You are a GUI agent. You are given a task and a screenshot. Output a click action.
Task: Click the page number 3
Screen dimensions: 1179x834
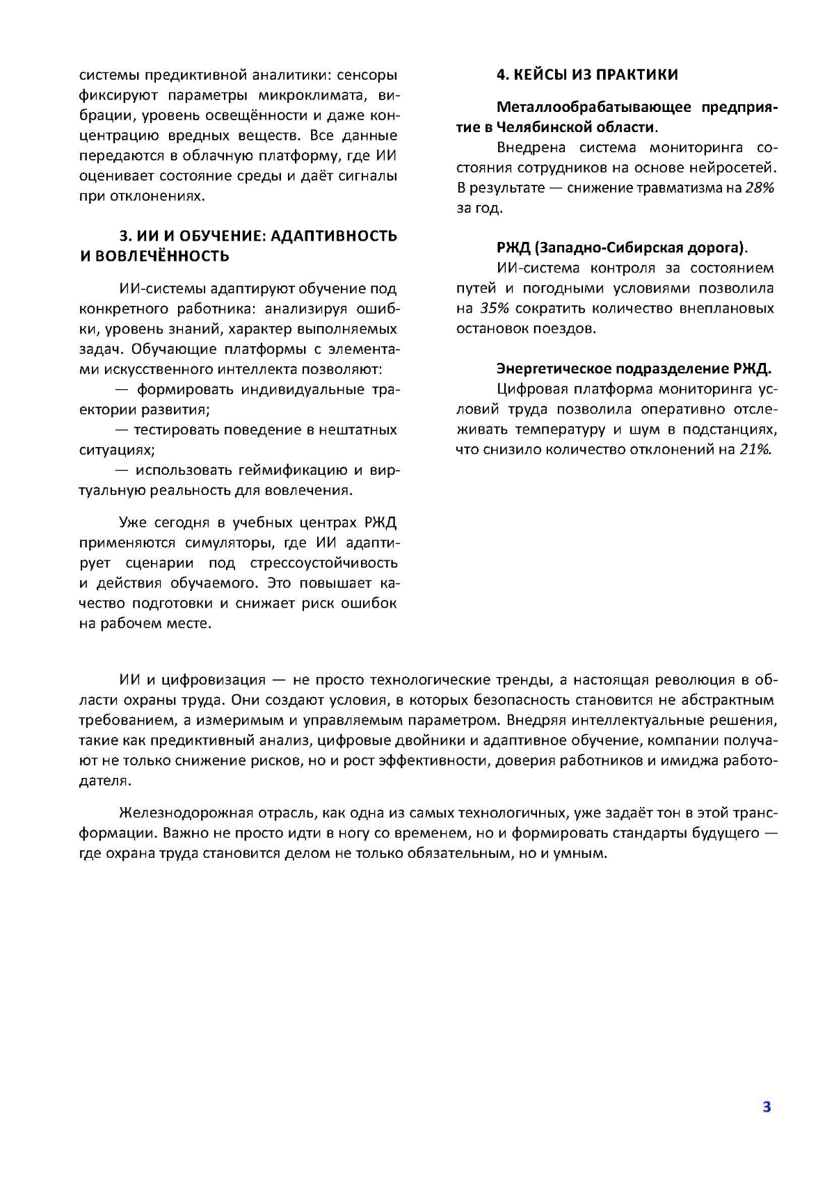(767, 1107)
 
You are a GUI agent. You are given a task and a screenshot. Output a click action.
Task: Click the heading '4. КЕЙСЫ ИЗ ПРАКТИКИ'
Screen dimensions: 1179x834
(587, 74)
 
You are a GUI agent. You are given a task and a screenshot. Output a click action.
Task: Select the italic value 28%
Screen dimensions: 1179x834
(760, 188)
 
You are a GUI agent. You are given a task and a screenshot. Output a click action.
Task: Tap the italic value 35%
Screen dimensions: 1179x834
(494, 308)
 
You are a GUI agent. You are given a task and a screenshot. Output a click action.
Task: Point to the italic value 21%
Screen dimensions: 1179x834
(755, 449)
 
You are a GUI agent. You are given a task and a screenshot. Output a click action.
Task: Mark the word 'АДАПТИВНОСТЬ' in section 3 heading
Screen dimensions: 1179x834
(333, 236)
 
